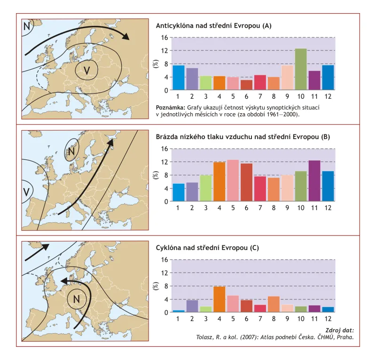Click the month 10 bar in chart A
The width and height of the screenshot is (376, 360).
pyautogui.click(x=301, y=69)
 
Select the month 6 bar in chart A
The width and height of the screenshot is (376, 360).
pyautogui.click(x=246, y=85)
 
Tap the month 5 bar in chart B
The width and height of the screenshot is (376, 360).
pyautogui.click(x=233, y=180)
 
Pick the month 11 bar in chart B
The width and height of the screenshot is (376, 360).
pyautogui.click(x=314, y=181)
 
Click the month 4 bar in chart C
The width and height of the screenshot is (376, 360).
pyautogui.click(x=219, y=299)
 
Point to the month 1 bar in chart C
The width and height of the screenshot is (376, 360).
pyautogui.click(x=179, y=311)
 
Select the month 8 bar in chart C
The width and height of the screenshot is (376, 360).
pyautogui.click(x=274, y=305)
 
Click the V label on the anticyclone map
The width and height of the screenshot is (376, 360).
pyautogui.click(x=86, y=70)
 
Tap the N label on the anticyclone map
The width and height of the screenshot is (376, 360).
pyautogui.click(x=27, y=26)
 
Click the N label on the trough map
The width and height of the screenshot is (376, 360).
pyautogui.click(x=71, y=152)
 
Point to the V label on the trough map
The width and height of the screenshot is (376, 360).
pyautogui.click(x=26, y=192)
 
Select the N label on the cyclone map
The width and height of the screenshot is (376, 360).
pyautogui.click(x=76, y=299)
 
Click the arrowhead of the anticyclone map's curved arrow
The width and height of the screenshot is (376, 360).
pyautogui.click(x=126, y=36)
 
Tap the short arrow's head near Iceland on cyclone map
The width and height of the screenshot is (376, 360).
pyautogui.click(x=45, y=247)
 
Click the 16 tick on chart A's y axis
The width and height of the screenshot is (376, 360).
pyautogui.click(x=165, y=38)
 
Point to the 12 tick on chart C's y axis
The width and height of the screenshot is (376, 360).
pyautogui.click(x=165, y=273)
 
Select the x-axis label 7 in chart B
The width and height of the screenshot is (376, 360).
pyautogui.click(x=260, y=208)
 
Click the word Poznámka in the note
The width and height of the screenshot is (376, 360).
pyautogui.click(x=171, y=108)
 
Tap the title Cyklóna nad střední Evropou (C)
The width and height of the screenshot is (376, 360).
pyautogui.click(x=207, y=248)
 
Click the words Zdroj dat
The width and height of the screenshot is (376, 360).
pyautogui.click(x=339, y=330)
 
